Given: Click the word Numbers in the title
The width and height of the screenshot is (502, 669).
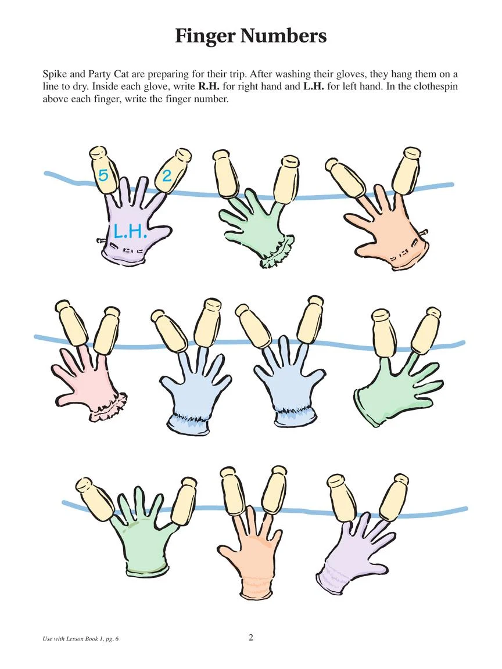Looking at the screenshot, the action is [x=283, y=36].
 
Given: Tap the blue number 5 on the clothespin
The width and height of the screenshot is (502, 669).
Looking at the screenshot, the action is [x=103, y=175].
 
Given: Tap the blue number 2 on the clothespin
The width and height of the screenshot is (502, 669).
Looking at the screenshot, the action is [x=166, y=175].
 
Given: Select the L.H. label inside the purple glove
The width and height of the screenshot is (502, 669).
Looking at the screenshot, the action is [x=130, y=231].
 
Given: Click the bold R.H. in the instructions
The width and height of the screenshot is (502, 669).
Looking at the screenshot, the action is [x=209, y=87].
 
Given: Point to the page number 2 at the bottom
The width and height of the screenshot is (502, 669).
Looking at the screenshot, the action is [x=250, y=638].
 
